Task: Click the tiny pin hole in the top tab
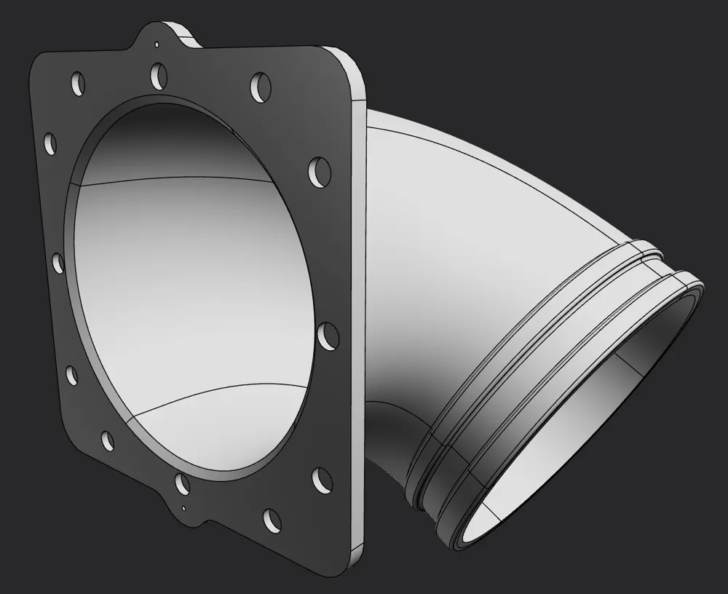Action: point(157,44)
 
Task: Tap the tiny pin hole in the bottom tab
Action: point(184,507)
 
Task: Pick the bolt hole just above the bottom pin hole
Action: point(181,483)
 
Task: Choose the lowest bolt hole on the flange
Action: point(271,519)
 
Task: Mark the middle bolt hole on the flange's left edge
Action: point(60,261)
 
